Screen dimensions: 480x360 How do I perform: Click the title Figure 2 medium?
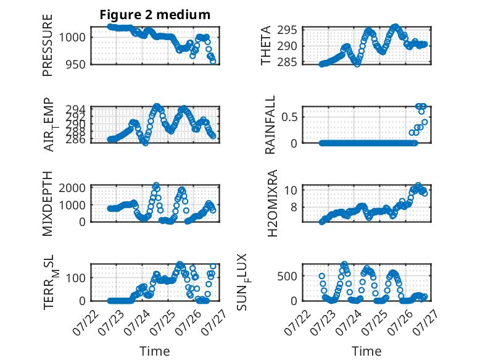(155, 15)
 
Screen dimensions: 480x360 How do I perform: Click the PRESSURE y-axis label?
(48, 45)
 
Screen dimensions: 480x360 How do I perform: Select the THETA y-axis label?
(266, 45)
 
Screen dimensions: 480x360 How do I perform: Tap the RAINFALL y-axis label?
(270, 125)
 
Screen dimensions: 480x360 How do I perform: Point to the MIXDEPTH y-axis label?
(48, 204)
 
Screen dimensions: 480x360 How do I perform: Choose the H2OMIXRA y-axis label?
(272, 203)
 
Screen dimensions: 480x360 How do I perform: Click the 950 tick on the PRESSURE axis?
(76, 65)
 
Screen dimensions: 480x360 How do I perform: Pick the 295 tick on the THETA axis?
(287, 30)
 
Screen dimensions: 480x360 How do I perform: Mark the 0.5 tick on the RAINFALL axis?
(289, 117)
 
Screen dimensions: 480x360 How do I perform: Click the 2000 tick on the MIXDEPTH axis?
(72, 188)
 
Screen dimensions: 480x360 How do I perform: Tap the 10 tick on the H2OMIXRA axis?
(291, 190)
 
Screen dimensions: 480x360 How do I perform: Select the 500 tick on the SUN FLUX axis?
(287, 276)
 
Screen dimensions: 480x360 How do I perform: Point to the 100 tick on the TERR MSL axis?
(76, 278)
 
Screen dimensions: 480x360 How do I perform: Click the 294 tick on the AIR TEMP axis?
(76, 109)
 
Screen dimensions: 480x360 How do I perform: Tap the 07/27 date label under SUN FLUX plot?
(425, 322)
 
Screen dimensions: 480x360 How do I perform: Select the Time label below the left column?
(155, 351)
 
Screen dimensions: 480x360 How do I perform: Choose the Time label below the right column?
(366, 351)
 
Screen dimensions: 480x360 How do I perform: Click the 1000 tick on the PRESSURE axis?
(72, 38)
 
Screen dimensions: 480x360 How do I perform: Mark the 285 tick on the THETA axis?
(287, 62)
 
